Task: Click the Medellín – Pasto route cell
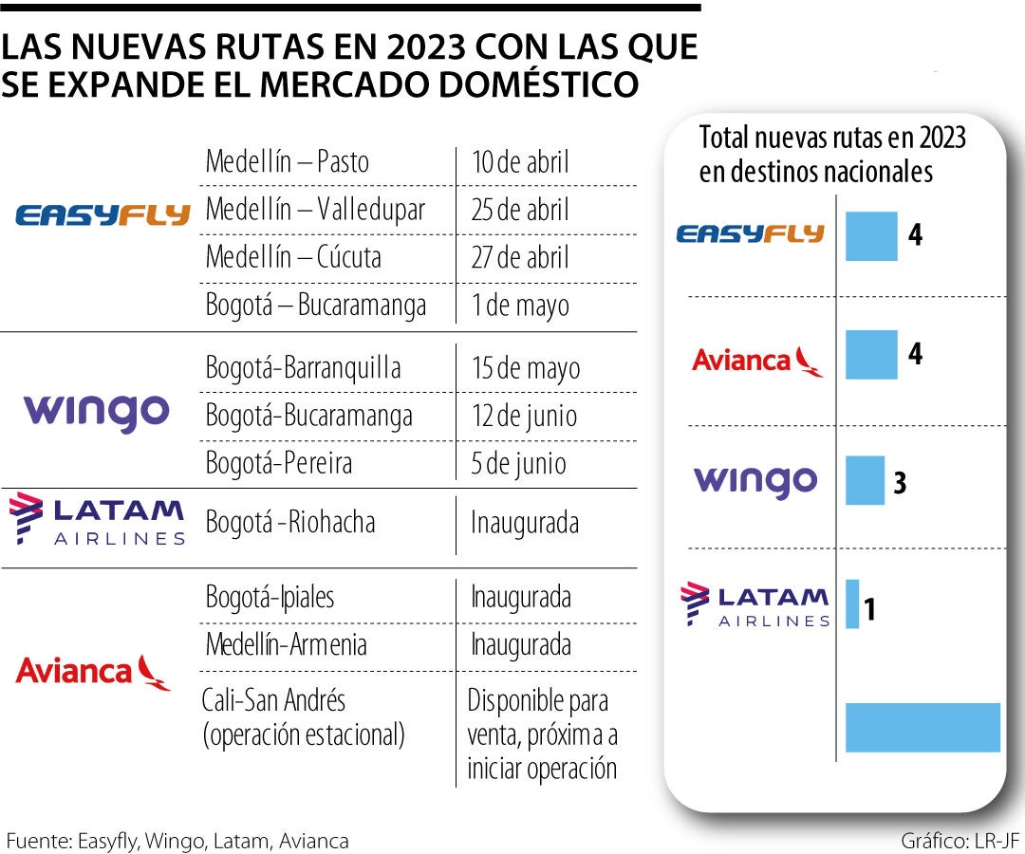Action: tap(287, 162)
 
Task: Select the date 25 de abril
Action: tap(520, 210)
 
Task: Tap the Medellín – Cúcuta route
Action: tap(293, 257)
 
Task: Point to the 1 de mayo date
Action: tap(520, 306)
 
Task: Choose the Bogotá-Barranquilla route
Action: tap(303, 368)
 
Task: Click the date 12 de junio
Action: tap(524, 416)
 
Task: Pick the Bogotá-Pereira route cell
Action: tap(279, 463)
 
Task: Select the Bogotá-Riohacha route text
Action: tap(290, 522)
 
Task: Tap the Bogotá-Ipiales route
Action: tap(270, 598)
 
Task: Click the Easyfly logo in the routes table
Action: tap(102, 215)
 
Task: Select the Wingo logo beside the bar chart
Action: tap(755, 481)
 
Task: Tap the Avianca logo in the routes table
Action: tap(93, 672)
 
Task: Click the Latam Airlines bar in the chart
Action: tap(851, 603)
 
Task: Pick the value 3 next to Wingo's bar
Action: tap(900, 483)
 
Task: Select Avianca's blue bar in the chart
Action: tap(870, 355)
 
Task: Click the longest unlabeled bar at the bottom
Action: tap(922, 727)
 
